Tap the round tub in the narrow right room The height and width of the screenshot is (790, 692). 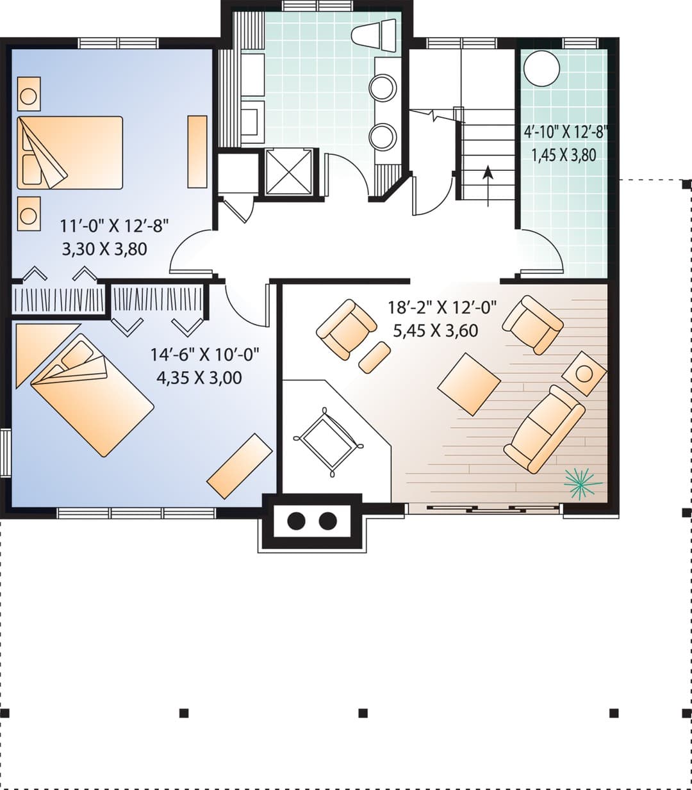click(541, 69)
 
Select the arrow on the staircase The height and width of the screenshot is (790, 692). click(488, 186)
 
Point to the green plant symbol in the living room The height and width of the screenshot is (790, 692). click(582, 482)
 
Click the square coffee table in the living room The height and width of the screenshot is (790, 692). click(469, 384)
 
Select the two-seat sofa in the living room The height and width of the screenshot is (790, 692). click(544, 429)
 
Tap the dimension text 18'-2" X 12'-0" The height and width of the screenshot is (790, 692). click(442, 308)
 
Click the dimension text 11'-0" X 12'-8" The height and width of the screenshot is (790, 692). click(114, 226)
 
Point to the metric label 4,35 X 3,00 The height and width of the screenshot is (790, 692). click(199, 378)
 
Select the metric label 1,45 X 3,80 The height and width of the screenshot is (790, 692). click(564, 155)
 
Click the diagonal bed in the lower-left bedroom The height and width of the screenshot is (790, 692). click(92, 394)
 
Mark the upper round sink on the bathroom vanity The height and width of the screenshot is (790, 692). click(383, 88)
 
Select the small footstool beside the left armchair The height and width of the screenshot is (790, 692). click(374, 357)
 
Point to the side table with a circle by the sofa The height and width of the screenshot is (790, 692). click(584, 373)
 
